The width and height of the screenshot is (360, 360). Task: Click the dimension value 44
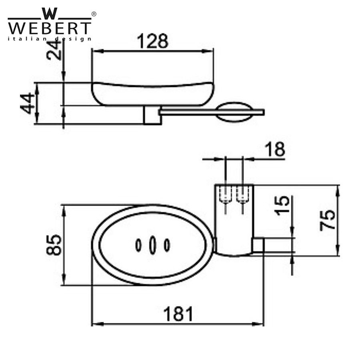(x=29, y=103)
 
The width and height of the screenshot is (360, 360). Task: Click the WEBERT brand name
(x=50, y=27)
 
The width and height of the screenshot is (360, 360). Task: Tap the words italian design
(x=50, y=39)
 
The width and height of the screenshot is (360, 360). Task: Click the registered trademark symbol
(x=93, y=14)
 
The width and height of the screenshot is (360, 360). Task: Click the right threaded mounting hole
(x=242, y=196)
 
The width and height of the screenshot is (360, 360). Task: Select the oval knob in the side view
(x=235, y=112)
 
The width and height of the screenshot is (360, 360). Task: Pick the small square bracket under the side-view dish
(x=152, y=116)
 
